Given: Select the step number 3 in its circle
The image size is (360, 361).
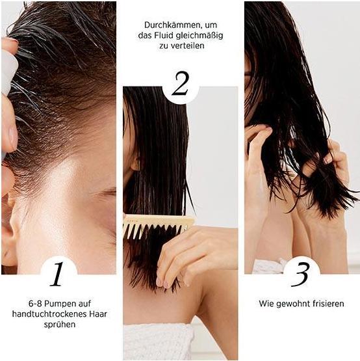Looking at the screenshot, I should (300, 274).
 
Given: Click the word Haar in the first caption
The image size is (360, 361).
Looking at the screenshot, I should (94, 314).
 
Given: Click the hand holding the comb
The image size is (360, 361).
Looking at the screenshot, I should (195, 250).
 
